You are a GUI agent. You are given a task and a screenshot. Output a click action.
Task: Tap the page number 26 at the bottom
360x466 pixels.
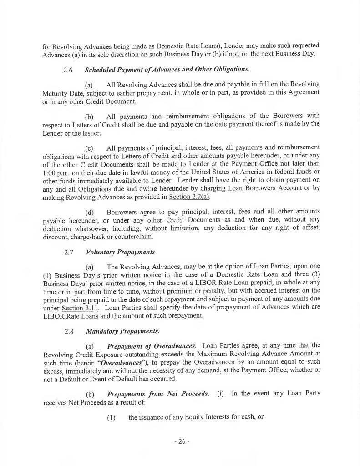pyautogui.click(x=181, y=441)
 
